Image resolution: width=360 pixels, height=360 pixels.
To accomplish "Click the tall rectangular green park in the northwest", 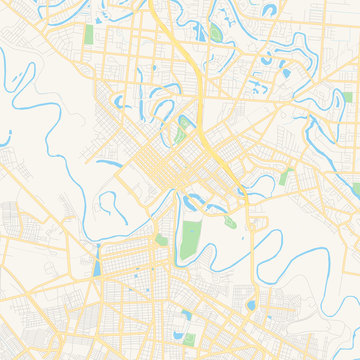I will pos(89,32).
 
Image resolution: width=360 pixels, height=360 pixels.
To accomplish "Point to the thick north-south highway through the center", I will pos(200,100).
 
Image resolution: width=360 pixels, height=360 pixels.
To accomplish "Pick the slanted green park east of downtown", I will pos(286,177).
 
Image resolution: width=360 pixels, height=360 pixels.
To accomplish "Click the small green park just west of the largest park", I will pos(160,240).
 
